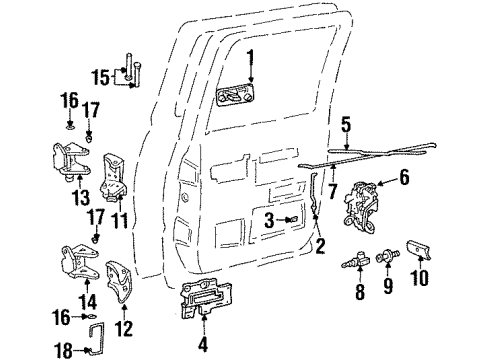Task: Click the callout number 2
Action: [x=319, y=243]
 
